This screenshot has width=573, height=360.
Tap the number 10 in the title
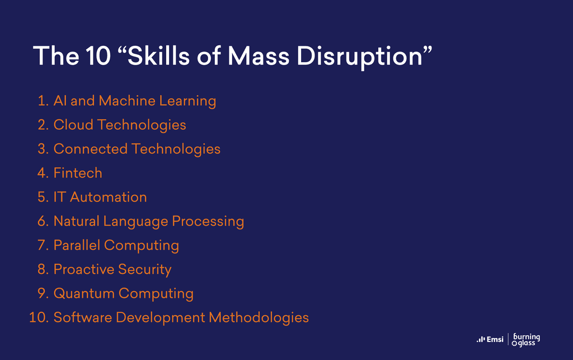[x=98, y=56]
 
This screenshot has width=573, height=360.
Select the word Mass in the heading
[x=259, y=56]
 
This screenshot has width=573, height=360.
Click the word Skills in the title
[x=158, y=56]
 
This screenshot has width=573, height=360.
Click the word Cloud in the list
[x=73, y=125]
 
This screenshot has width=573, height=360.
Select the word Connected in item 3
[x=91, y=149]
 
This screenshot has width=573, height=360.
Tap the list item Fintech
[x=78, y=173]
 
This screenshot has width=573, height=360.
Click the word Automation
[x=108, y=197]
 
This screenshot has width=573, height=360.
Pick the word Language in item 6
[x=135, y=222]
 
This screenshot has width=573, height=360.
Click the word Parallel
[x=77, y=245]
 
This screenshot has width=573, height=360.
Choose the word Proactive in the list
[x=84, y=269]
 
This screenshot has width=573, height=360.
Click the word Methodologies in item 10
[x=259, y=318]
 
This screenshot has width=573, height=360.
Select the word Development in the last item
[x=161, y=318]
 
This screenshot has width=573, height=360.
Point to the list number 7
[x=43, y=245]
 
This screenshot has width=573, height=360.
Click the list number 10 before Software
[x=39, y=317]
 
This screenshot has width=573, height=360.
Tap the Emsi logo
[x=490, y=339]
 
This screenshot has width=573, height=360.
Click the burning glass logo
[x=526, y=339]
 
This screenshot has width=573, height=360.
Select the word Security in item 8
[x=145, y=270]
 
